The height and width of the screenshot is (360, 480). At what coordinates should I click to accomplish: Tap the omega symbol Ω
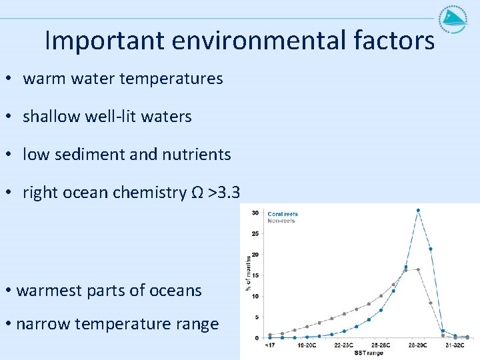197,193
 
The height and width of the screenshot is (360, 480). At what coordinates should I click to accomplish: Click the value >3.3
223,193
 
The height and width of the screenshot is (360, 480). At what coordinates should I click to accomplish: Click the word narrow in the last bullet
43,324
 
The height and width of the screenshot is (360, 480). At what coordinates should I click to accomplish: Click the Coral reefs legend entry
283,214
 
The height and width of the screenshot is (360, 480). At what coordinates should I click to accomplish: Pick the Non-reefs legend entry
281,221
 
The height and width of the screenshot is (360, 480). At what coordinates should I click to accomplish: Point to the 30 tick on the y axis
255,213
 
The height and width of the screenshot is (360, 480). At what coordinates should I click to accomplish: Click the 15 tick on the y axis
255,275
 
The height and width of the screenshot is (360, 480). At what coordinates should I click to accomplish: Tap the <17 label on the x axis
269,346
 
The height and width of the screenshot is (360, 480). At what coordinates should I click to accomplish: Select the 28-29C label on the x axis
417,346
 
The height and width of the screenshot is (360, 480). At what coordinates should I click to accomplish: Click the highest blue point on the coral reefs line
418,211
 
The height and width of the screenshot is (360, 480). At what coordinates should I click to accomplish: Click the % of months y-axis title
248,273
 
